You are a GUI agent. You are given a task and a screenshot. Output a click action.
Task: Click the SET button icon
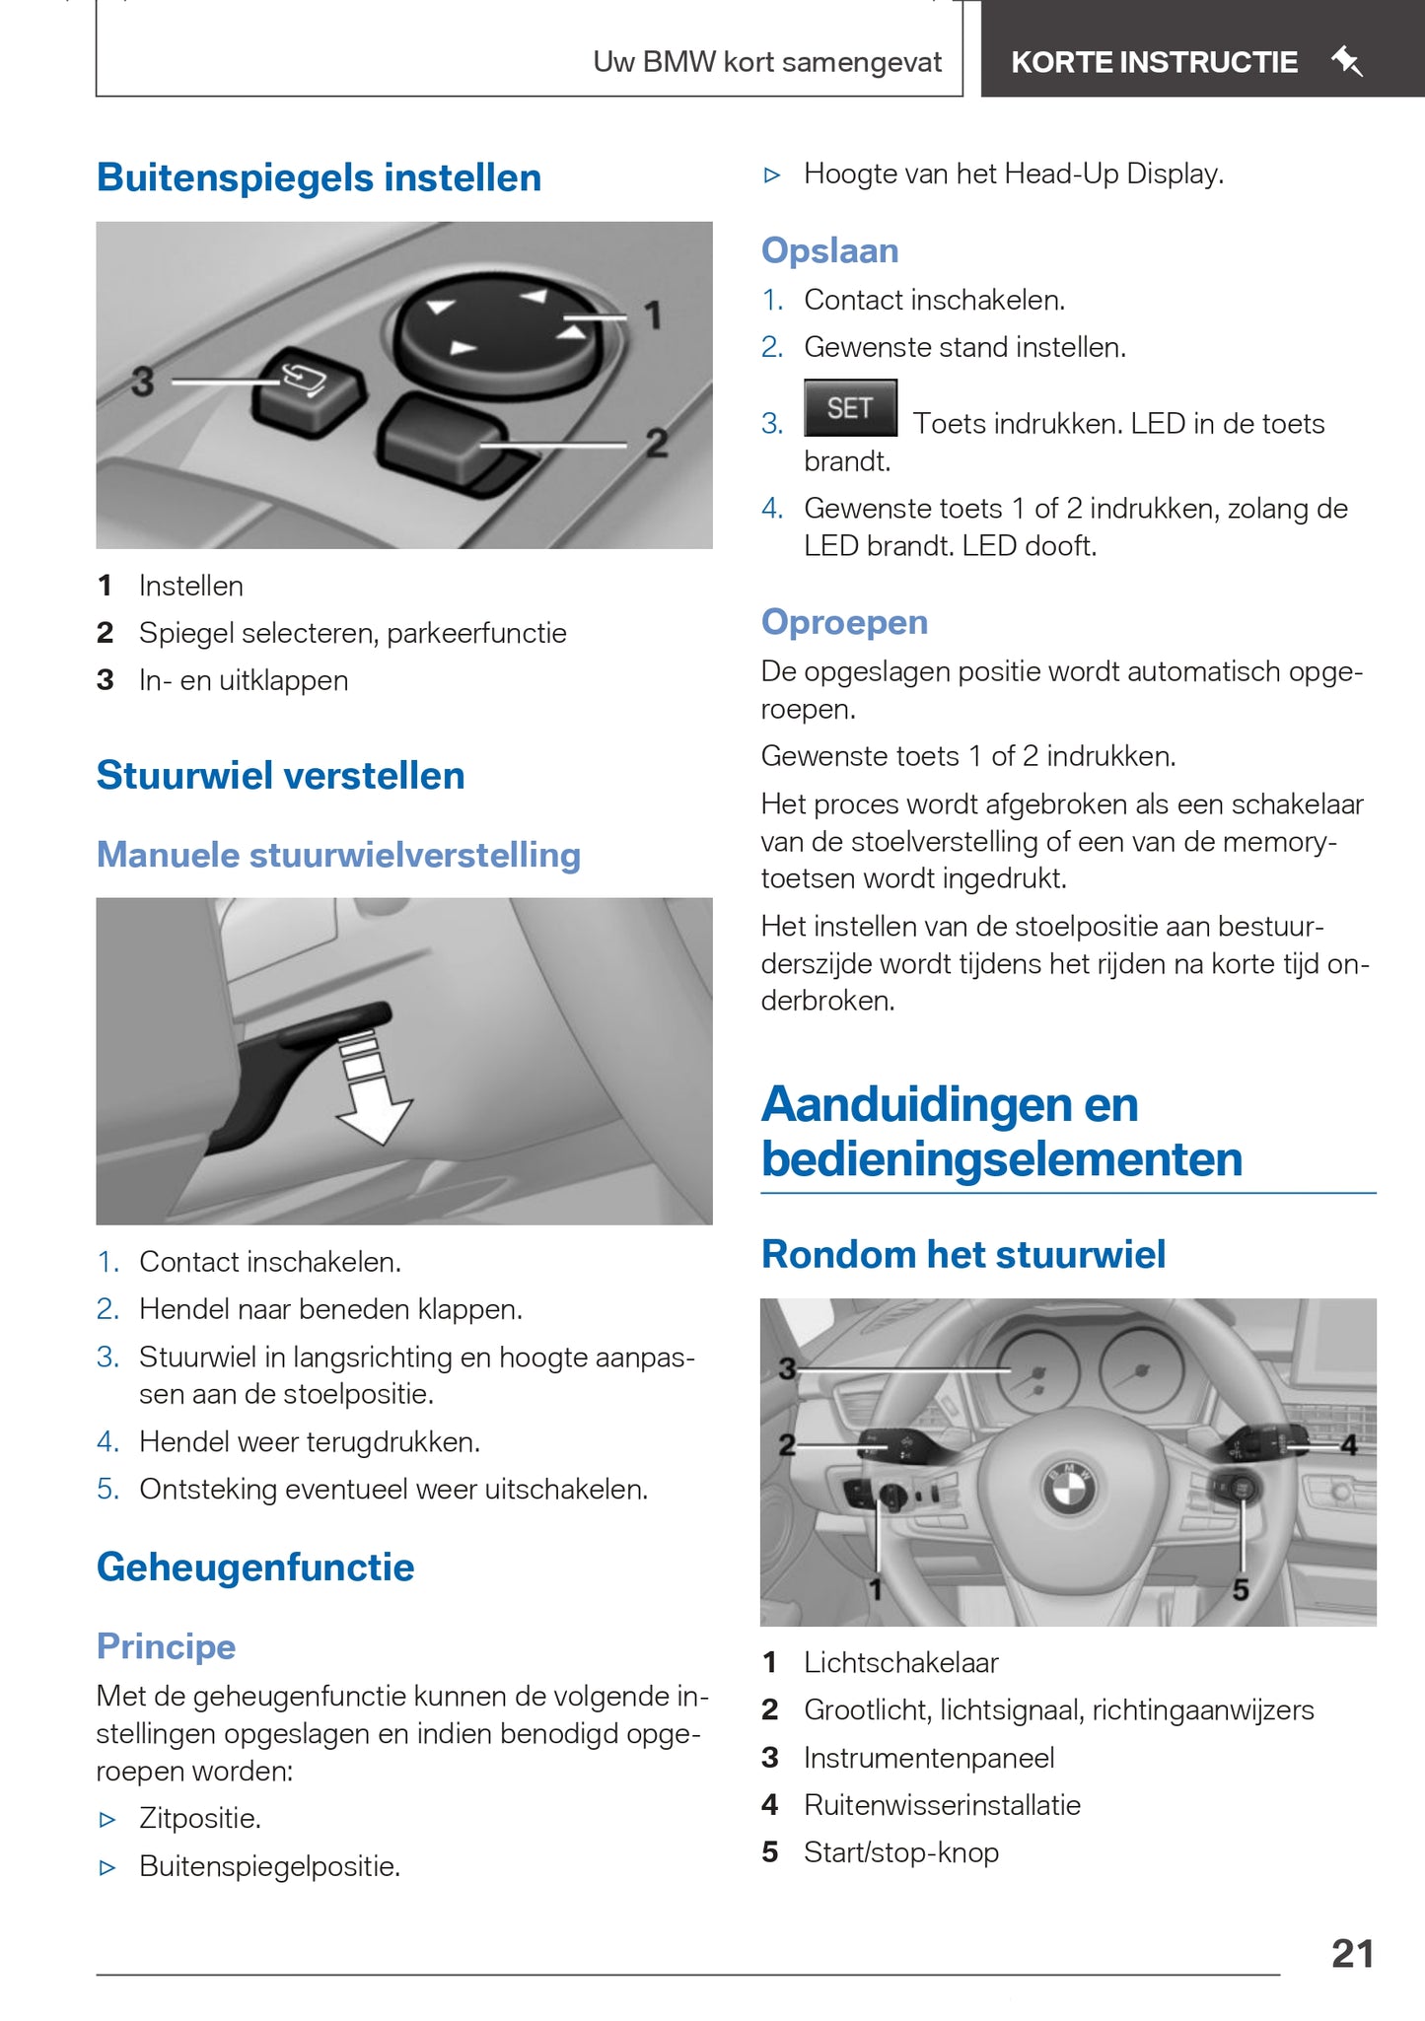(x=850, y=407)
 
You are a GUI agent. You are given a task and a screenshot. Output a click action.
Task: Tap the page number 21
(x=1352, y=1953)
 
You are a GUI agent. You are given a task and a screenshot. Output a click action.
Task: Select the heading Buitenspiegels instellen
(x=319, y=178)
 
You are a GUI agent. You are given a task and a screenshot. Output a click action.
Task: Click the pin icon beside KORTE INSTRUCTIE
(x=1347, y=62)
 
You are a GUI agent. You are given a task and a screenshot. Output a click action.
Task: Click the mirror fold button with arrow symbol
(x=307, y=389)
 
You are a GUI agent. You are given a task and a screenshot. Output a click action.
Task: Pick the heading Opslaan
(x=829, y=250)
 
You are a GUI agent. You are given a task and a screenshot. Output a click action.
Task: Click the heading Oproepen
(x=844, y=622)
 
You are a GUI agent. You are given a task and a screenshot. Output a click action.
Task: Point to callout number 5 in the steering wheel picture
(x=1241, y=1589)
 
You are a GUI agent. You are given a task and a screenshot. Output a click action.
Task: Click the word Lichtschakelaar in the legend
(x=900, y=1662)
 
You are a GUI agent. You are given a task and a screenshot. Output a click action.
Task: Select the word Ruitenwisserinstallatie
(x=942, y=1805)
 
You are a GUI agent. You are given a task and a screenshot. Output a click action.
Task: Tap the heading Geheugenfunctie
(x=255, y=1568)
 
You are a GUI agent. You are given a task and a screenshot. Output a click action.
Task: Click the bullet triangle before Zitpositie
(x=108, y=1820)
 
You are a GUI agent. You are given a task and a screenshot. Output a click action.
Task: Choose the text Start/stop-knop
(x=900, y=1852)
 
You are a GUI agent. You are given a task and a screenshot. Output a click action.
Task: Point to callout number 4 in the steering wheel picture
(x=1349, y=1445)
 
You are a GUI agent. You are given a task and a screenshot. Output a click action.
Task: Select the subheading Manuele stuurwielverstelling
(x=338, y=855)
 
